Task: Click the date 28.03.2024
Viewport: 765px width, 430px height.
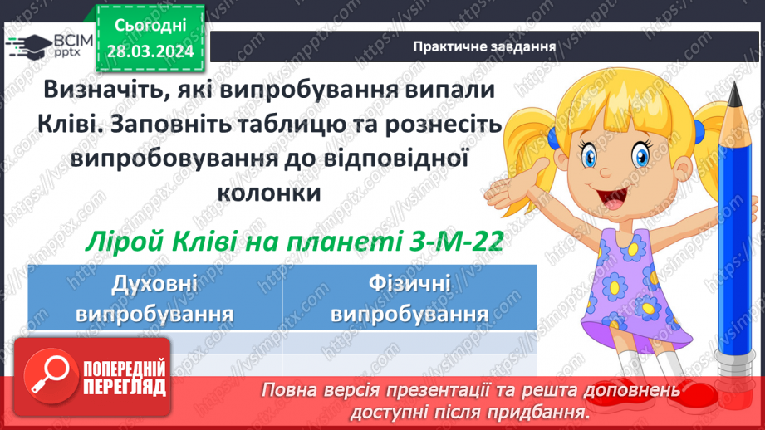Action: pyautogui.click(x=150, y=52)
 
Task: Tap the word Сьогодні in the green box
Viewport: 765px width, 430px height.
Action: pyautogui.click(x=150, y=27)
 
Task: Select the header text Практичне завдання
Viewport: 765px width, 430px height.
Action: pyautogui.click(x=484, y=46)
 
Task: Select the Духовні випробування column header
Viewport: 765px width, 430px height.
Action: pyautogui.click(x=154, y=300)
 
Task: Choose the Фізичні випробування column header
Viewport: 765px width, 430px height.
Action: pyautogui.click(x=409, y=300)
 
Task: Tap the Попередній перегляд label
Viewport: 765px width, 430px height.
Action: pyautogui.click(x=125, y=379)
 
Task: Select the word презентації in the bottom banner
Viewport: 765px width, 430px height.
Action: pyautogui.click(x=490, y=390)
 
